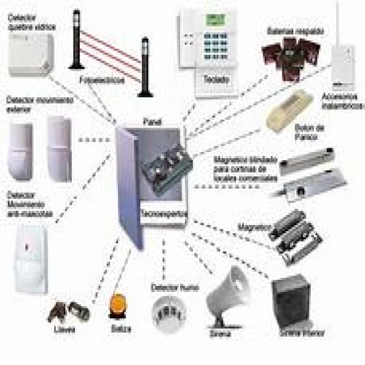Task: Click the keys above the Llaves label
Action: point(68,311)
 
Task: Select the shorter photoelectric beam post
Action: point(145,67)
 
